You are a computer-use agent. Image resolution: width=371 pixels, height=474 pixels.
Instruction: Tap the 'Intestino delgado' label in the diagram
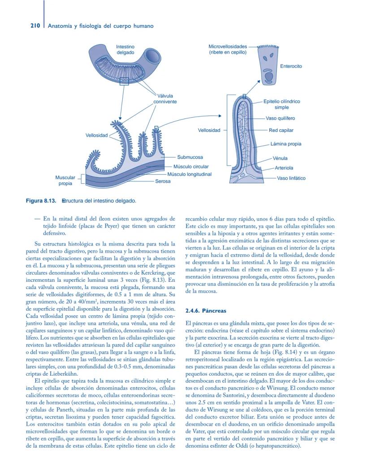pyautogui.click(x=125, y=50)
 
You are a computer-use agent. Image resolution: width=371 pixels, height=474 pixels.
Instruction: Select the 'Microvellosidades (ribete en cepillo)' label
pyautogui.click(x=228, y=49)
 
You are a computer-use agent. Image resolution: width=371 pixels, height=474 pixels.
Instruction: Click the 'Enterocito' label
pyautogui.click(x=291, y=66)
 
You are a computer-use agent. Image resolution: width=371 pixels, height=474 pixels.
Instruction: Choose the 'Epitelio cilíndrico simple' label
pyautogui.click(x=281, y=104)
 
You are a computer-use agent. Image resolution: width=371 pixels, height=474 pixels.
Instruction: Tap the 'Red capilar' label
pyautogui.click(x=281, y=131)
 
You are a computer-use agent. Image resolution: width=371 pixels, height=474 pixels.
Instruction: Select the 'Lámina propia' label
pyautogui.click(x=286, y=144)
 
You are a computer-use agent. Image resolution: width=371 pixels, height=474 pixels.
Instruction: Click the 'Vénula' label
pyautogui.click(x=280, y=158)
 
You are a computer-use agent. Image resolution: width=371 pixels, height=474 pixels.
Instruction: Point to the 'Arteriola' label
pyautogui.click(x=284, y=168)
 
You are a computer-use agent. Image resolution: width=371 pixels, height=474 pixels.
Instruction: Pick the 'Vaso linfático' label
pyautogui.click(x=291, y=178)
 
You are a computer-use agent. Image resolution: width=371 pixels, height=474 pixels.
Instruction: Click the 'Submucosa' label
pyautogui.click(x=190, y=157)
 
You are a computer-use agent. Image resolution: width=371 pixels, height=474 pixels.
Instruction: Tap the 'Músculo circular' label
pyautogui.click(x=191, y=167)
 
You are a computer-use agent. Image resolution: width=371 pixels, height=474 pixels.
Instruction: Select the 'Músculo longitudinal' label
pyautogui.click(x=189, y=174)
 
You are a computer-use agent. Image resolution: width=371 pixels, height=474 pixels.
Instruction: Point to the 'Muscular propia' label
pyautogui.click(x=65, y=181)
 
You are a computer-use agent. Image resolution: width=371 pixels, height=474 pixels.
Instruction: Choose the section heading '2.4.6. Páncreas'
pyautogui.click(x=206, y=310)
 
